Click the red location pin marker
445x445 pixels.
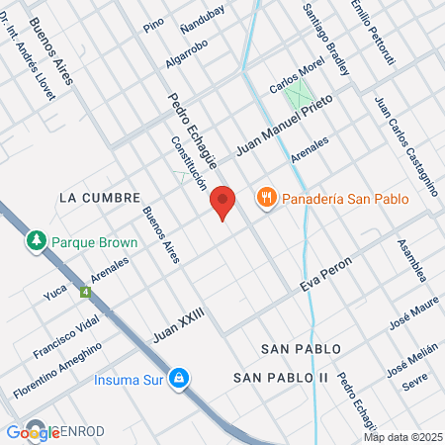tap(222, 202)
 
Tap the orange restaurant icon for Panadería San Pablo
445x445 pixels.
tap(265, 199)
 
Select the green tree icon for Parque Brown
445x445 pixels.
tap(37, 240)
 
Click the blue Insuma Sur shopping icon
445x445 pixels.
tap(178, 378)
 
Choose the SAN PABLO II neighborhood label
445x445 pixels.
tap(281, 378)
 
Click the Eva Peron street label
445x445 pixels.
tap(326, 277)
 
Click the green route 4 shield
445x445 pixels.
tap(86, 293)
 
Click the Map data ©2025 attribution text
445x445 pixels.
tap(402, 437)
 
